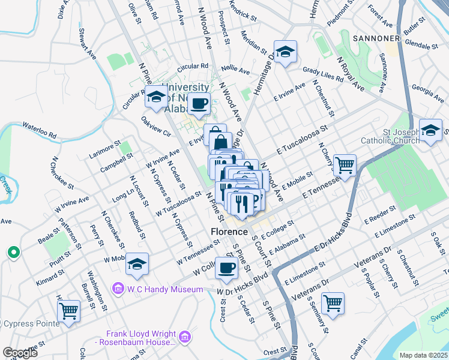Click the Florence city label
(x=229, y=232)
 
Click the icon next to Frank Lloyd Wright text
(x=185, y=338)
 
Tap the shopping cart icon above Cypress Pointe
(x=69, y=311)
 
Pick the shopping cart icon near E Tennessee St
(x=345, y=164)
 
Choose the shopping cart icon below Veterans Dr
(x=333, y=303)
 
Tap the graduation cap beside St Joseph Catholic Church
(x=430, y=131)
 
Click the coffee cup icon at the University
(x=199, y=103)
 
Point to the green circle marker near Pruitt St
(x=13, y=253)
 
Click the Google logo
(x=20, y=353)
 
